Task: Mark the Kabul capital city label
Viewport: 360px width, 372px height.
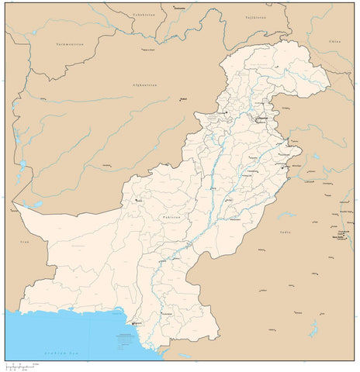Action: [184, 98]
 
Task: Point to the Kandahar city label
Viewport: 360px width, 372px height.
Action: [106, 165]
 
